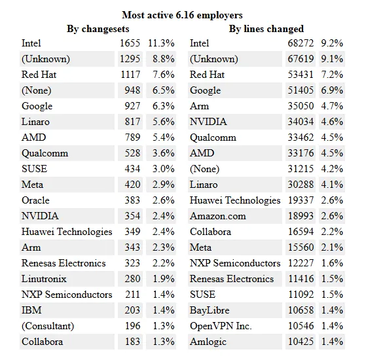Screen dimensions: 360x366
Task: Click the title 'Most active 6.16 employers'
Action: click(183, 15)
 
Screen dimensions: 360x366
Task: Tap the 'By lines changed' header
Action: click(266, 29)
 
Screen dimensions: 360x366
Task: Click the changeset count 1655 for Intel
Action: click(130, 43)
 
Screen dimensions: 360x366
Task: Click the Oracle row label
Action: click(35, 200)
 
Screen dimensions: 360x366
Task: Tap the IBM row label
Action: click(31, 310)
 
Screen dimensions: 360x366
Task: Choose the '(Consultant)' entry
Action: click(48, 326)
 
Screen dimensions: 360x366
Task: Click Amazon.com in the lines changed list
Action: click(218, 216)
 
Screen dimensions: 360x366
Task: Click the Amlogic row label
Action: click(208, 342)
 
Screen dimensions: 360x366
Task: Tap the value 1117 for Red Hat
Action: click(130, 75)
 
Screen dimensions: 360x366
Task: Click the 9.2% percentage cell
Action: click(332, 43)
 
